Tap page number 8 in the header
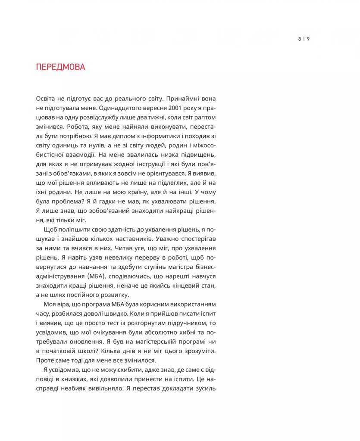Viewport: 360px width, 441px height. [x=299, y=39]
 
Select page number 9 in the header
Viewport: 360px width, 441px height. [x=308, y=39]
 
